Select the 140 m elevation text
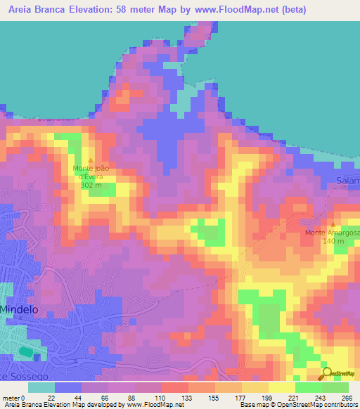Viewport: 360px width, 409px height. point(333,241)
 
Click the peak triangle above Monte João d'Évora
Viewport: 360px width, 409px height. point(90,160)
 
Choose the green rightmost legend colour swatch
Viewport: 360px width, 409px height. point(335,387)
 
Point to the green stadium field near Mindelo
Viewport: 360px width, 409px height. point(26,350)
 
